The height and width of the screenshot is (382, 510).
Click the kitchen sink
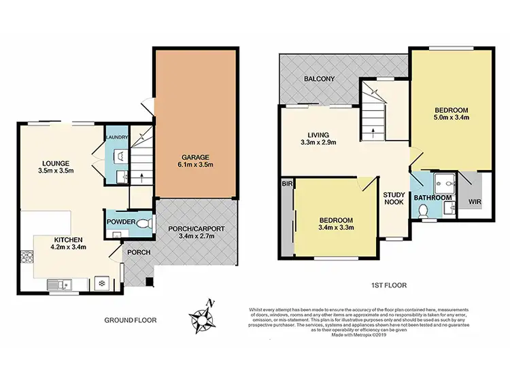click(x=55, y=285)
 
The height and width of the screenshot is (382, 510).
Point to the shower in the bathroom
click(x=444, y=181)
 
